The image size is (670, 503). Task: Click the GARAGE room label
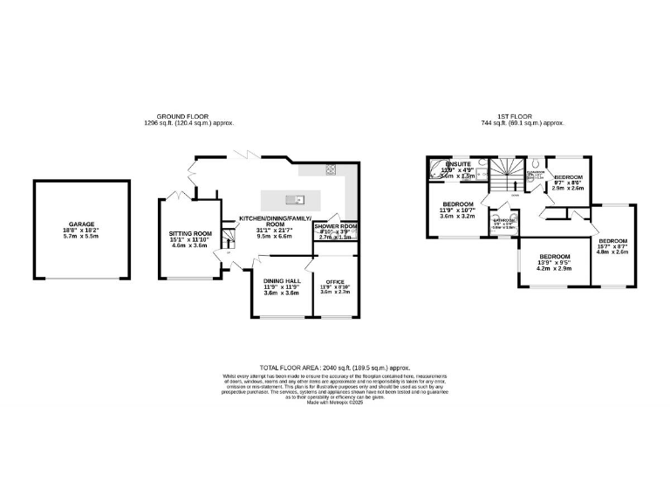(82, 224)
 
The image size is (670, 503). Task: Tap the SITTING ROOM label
(190, 234)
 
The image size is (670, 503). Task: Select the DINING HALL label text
(281, 281)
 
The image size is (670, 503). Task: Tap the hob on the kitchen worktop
(332, 169)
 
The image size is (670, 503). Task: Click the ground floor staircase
(230, 236)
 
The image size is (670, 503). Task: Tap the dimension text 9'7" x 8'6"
(569, 183)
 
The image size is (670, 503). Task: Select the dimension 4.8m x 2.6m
(612, 252)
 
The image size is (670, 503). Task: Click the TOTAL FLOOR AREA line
(334, 368)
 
